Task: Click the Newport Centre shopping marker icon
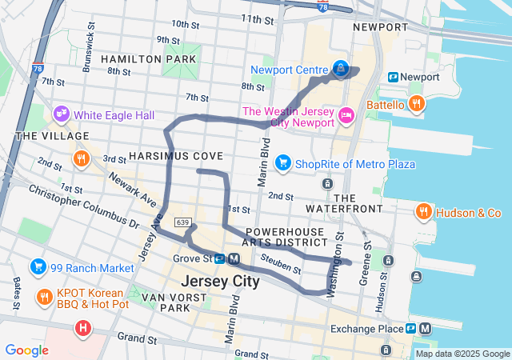pos(342,70)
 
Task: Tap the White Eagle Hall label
pos(114,115)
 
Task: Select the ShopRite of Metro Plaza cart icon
pos(282,164)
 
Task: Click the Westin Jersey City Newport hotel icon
pos(346,116)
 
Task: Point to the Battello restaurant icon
pos(416,104)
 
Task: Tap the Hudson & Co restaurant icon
pos(424,212)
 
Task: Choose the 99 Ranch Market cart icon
pos(38,266)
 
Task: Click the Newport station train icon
pos(393,77)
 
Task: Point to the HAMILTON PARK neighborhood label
pos(148,59)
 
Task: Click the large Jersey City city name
pos(220,282)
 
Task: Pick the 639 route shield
pos(182,222)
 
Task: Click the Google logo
pos(26,350)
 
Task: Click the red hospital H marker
pos(83,327)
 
